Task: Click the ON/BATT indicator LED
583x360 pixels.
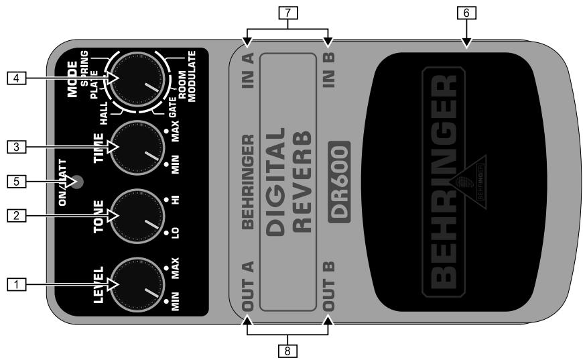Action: [79, 181]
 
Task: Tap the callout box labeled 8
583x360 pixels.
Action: [287, 349]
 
